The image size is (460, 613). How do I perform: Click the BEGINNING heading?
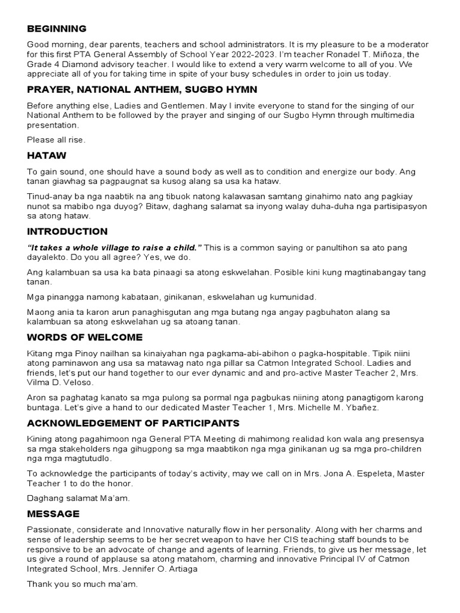coord(57,29)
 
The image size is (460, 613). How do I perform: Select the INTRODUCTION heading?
coord(67,232)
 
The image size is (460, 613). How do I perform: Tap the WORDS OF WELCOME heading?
coord(84,337)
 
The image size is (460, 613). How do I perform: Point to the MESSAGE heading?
coord(53,514)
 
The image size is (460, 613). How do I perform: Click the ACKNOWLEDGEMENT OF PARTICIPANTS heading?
coord(133,423)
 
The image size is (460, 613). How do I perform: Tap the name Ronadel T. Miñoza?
coord(365,54)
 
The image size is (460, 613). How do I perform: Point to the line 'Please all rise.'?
coord(56,140)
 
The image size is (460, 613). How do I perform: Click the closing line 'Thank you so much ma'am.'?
coord(82,584)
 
